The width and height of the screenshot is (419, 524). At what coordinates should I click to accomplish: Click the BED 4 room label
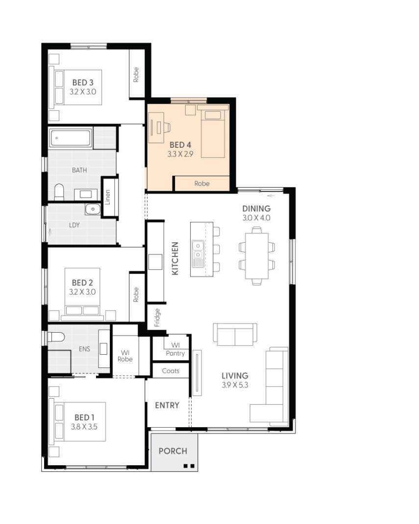(x=180, y=145)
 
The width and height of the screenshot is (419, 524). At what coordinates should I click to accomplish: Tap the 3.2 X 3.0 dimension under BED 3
(x=83, y=91)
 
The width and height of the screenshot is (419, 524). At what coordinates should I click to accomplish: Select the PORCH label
(x=173, y=451)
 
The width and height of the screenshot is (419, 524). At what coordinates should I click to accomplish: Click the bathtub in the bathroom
(x=71, y=138)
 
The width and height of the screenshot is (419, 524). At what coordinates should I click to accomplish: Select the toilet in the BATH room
(x=59, y=192)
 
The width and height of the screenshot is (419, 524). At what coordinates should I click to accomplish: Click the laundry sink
(x=92, y=209)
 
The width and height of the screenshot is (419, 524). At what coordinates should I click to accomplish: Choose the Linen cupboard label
(x=108, y=197)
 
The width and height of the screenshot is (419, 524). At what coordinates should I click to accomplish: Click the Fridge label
(x=157, y=317)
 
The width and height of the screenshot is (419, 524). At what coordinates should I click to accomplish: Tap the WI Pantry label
(x=175, y=349)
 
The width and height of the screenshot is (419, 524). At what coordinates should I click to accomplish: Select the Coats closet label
(x=171, y=371)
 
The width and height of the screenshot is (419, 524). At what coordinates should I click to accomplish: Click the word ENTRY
(x=167, y=405)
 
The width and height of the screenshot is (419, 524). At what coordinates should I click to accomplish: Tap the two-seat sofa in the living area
(x=235, y=334)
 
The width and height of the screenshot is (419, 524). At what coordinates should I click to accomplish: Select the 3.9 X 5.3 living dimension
(x=235, y=385)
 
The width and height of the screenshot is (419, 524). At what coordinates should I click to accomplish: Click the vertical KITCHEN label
(x=175, y=258)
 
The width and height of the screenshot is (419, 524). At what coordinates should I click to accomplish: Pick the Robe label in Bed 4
(x=201, y=183)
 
